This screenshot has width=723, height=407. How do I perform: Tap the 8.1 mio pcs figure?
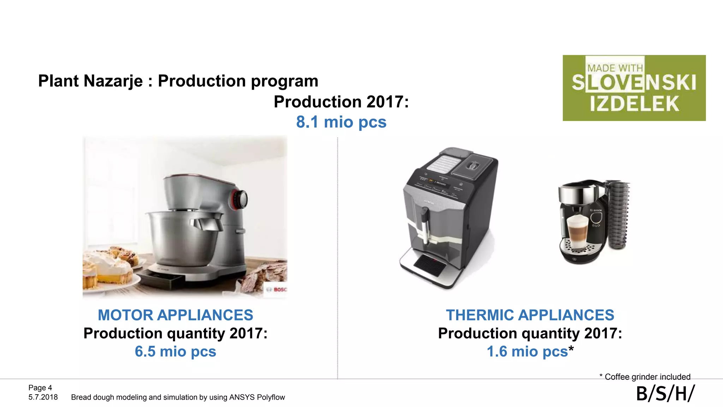coord(341,122)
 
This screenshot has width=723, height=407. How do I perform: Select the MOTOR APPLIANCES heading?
coord(175,315)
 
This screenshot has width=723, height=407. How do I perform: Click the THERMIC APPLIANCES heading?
coord(530,315)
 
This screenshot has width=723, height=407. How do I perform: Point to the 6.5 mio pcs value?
coord(175,352)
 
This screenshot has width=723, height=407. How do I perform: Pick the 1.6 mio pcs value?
coord(527,352)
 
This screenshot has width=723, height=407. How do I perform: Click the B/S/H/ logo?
coord(665,394)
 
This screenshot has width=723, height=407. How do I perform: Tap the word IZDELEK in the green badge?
coord(634,104)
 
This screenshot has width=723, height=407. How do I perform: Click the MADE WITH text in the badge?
coord(615,68)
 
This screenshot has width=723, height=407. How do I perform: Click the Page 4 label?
coord(40,388)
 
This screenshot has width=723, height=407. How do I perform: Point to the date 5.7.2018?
coord(43,397)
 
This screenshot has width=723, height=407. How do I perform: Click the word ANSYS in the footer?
coord(242,397)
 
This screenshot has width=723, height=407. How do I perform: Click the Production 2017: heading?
coord(341,102)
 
